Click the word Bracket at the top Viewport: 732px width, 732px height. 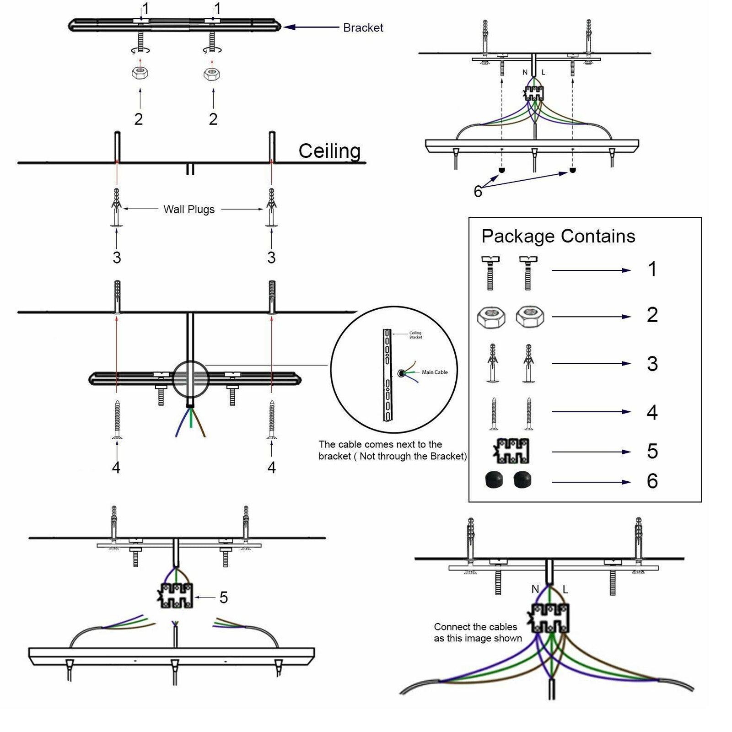tap(363, 28)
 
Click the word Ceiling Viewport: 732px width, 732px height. tap(329, 151)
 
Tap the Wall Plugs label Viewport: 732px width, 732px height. tap(189, 210)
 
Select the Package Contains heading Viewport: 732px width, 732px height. tap(558, 236)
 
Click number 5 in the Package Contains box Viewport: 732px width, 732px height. tap(652, 452)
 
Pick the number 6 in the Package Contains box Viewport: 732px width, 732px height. tap(652, 481)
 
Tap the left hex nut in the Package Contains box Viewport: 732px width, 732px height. tap(491, 317)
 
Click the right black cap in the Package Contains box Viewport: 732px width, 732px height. tap(522, 480)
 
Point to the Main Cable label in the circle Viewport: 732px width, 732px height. tap(434, 372)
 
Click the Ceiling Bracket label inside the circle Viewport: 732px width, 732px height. tap(415, 335)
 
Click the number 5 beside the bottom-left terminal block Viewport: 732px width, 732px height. tap(223, 597)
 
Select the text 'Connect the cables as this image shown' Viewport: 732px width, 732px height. tap(478, 633)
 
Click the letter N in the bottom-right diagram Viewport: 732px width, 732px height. tap(535, 589)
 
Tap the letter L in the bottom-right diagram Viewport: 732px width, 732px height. tap(565, 590)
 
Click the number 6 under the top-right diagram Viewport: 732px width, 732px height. tap(478, 192)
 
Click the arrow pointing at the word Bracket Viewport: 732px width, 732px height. tap(311, 27)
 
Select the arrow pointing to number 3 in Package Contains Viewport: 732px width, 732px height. tap(591, 364)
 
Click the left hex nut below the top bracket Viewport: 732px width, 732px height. tap(140, 73)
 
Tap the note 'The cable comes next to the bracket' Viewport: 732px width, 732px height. tap(393, 450)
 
